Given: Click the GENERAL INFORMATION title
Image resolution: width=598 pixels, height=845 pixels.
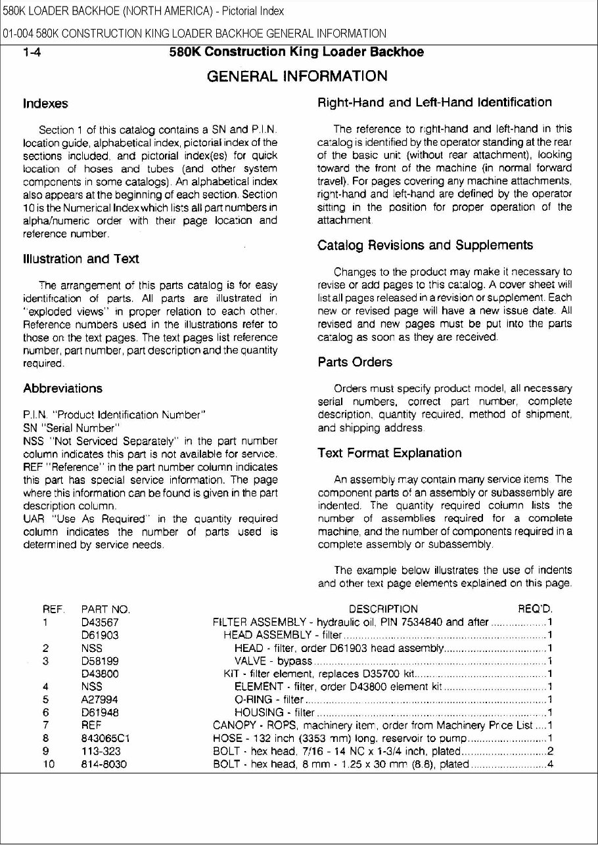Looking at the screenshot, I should coord(297,76).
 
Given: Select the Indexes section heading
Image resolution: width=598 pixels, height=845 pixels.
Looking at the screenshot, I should coord(45,104).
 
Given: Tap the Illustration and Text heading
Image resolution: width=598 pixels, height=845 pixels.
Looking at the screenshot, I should coord(81,259).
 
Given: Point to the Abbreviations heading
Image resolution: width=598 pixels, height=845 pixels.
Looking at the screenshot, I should coord(62,388).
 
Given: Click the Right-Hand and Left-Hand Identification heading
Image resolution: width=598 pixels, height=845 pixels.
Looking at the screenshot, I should coord(434,102).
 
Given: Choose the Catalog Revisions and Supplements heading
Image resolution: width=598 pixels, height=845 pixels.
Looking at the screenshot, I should coord(425,246).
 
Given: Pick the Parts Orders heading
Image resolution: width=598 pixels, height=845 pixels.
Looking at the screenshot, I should coord(355,362).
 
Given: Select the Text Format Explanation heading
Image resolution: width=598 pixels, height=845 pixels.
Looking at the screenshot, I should coord(390,453).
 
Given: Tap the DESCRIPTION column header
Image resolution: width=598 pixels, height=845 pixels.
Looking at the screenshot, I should coord(383,610).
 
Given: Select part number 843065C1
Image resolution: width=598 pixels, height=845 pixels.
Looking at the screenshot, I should coord(105,738).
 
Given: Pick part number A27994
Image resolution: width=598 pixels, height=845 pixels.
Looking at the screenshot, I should coord(99,699).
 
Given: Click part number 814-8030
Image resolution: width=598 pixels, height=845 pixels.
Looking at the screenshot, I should coord(104,764).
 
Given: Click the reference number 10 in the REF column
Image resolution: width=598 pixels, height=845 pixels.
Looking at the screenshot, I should coord(49,764).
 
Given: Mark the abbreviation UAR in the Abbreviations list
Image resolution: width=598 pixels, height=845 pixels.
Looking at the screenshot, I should coord(33,519).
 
